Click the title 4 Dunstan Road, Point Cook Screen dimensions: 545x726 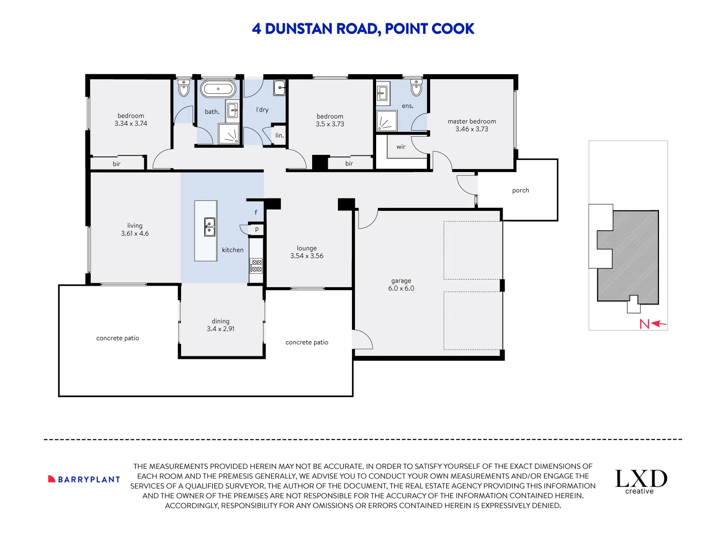pyautogui.click(x=363, y=29)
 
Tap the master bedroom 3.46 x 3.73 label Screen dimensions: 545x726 pyautogui.click(x=471, y=125)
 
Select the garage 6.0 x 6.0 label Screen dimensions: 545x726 pyautogui.click(x=401, y=285)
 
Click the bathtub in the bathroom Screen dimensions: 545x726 pyautogui.click(x=218, y=89)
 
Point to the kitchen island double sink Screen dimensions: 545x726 pyautogui.click(x=209, y=227)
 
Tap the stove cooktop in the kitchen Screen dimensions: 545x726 pyautogui.click(x=256, y=266)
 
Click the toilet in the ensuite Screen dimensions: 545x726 pyautogui.click(x=416, y=88)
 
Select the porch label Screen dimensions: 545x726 pyautogui.click(x=520, y=190)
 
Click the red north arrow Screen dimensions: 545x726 pyautogui.click(x=653, y=324)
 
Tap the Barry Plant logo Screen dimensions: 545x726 pyautogui.click(x=84, y=479)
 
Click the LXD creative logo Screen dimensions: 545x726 pyautogui.click(x=641, y=481)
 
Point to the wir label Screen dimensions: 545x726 pyautogui.click(x=401, y=147)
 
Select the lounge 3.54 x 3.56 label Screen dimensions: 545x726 pyautogui.click(x=307, y=252)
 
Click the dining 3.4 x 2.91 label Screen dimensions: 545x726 pyautogui.click(x=220, y=325)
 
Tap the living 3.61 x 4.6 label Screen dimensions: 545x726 pyautogui.click(x=135, y=230)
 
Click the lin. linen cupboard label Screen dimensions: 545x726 pyautogui.click(x=279, y=135)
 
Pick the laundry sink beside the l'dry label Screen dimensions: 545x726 pyautogui.click(x=280, y=88)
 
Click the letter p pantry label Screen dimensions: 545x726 pyautogui.click(x=257, y=229)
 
